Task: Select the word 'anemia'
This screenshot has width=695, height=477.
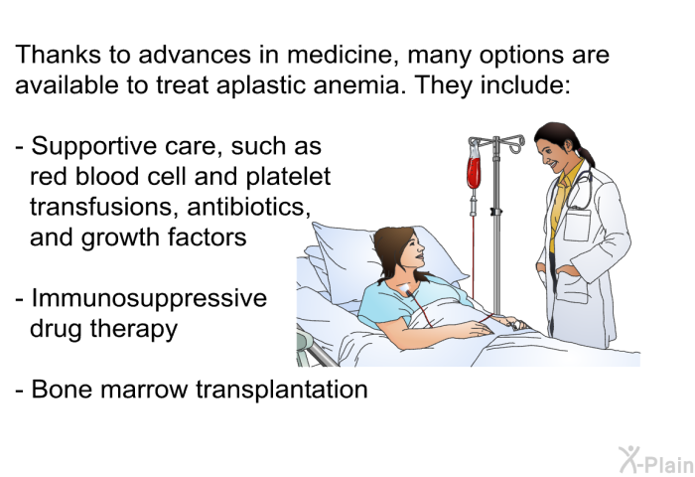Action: [355, 85]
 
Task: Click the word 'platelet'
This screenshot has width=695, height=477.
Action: [288, 177]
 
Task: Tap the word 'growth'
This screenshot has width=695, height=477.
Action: [121, 238]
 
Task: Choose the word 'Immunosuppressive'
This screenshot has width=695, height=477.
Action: [149, 299]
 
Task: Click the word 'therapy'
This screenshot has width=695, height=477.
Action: [134, 330]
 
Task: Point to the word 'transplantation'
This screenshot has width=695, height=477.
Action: [282, 390]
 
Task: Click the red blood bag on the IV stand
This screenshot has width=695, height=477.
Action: [474, 172]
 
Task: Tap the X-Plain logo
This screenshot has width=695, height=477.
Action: [656, 460]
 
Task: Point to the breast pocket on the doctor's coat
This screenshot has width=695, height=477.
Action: [577, 225]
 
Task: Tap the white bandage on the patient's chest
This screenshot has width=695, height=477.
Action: [405, 289]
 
